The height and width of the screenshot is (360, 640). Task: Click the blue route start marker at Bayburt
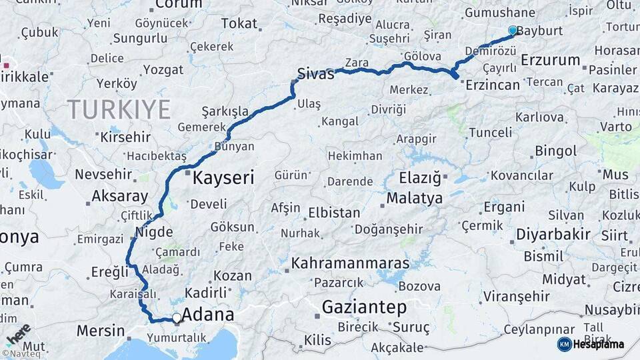click(512, 31)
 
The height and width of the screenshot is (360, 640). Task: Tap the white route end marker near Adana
click(176, 319)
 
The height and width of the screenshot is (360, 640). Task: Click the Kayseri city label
click(223, 178)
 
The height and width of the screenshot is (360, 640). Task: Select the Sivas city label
click(315, 74)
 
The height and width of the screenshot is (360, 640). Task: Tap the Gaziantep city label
click(364, 307)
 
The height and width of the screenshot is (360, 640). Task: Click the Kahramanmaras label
click(350, 263)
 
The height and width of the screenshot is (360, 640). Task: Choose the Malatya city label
click(414, 198)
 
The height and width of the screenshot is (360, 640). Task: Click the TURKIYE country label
click(119, 109)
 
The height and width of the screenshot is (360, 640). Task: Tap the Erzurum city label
click(551, 60)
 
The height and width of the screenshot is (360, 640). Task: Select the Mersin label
click(101, 330)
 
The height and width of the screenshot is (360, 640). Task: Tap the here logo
click(18, 334)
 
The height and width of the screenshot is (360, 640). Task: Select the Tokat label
click(239, 24)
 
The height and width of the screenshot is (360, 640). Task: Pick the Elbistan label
click(334, 213)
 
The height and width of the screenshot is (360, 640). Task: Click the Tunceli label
click(490, 133)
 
